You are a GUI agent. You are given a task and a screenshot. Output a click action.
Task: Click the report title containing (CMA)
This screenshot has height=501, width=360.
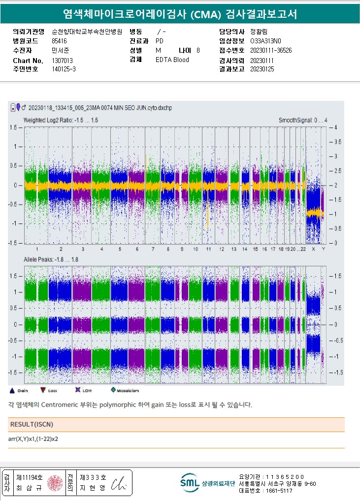click(x=180, y=14)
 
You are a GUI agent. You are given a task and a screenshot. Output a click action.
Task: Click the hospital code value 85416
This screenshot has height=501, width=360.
click(x=59, y=41)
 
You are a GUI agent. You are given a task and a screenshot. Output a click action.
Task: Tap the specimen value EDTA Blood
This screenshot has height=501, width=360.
click(x=172, y=60)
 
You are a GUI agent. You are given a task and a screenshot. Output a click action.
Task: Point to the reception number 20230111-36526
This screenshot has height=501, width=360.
click(x=271, y=50)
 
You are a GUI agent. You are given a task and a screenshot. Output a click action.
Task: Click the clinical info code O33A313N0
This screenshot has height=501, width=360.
click(x=266, y=41)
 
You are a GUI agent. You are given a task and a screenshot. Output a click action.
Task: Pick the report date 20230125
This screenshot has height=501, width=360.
click(x=262, y=69)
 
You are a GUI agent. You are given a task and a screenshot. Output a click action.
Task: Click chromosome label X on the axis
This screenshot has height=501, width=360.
click(x=313, y=250)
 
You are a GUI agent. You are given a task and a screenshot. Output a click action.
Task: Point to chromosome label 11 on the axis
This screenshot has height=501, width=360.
click(x=208, y=250)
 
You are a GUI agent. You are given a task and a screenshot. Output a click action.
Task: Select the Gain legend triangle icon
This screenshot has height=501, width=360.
click(x=12, y=390)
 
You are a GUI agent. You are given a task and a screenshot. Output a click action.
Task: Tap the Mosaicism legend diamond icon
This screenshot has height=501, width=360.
click(x=113, y=390)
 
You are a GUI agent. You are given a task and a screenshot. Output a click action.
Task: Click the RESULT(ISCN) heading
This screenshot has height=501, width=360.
click(x=32, y=424)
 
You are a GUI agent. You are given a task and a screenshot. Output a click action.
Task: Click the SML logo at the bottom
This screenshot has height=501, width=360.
click(x=189, y=483)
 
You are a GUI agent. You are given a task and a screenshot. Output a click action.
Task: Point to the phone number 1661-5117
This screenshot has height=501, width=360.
click(x=279, y=491)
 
